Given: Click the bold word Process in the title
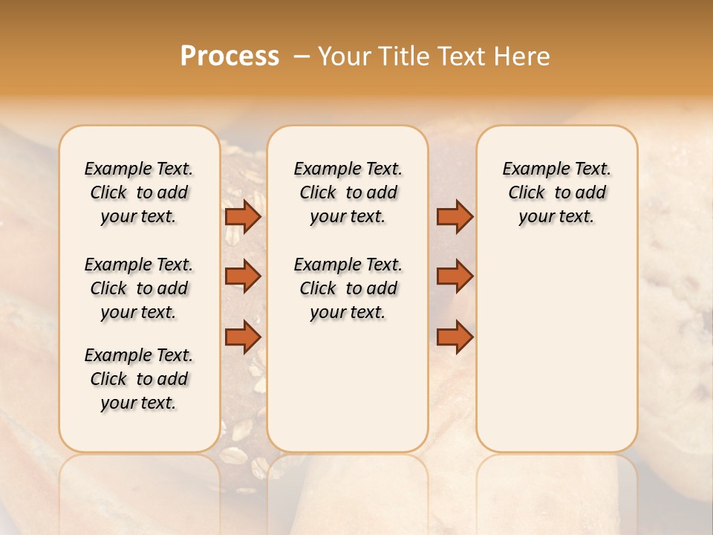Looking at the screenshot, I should tap(229, 56).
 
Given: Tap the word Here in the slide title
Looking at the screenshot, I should tap(521, 56).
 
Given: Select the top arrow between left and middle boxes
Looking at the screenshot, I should tap(243, 217).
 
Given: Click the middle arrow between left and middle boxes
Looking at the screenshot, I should tap(243, 276).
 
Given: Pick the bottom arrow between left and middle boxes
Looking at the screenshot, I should tap(243, 337).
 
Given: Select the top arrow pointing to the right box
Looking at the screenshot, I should tap(455, 217).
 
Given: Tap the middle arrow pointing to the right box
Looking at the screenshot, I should tap(455, 276).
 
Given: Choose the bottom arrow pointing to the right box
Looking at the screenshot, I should tap(455, 337).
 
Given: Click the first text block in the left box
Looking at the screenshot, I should tap(139, 192).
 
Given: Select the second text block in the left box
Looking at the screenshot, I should tap(139, 288).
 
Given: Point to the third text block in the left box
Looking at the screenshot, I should tap(139, 379).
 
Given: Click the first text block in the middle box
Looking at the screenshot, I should tap(348, 192).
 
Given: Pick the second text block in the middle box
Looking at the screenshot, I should tap(348, 288).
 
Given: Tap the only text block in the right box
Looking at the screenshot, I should tap(556, 192).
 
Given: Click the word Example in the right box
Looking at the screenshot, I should tap(530, 169).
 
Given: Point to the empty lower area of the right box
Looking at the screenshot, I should tap(556, 342).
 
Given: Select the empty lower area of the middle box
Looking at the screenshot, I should tap(348, 386).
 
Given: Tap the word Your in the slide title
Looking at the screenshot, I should tap(345, 56).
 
